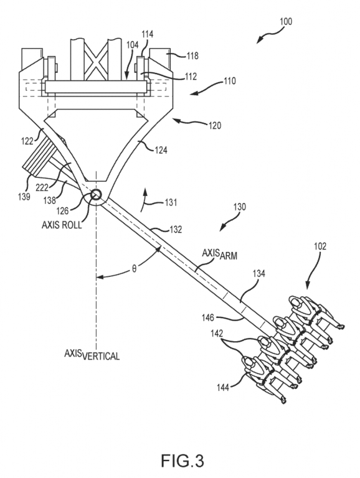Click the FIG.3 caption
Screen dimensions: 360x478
tap(182, 461)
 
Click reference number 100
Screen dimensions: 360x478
tap(285, 22)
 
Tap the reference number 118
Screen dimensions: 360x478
tap(192, 56)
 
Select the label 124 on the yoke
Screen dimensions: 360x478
tap(161, 150)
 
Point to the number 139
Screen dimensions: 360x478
tap(24, 197)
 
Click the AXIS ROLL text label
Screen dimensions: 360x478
tap(62, 225)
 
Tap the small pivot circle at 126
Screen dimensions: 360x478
tap(96, 194)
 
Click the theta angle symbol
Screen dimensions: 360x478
tap(135, 269)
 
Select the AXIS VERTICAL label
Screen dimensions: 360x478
tap(92, 355)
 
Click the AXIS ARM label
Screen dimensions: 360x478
tap(219, 255)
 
